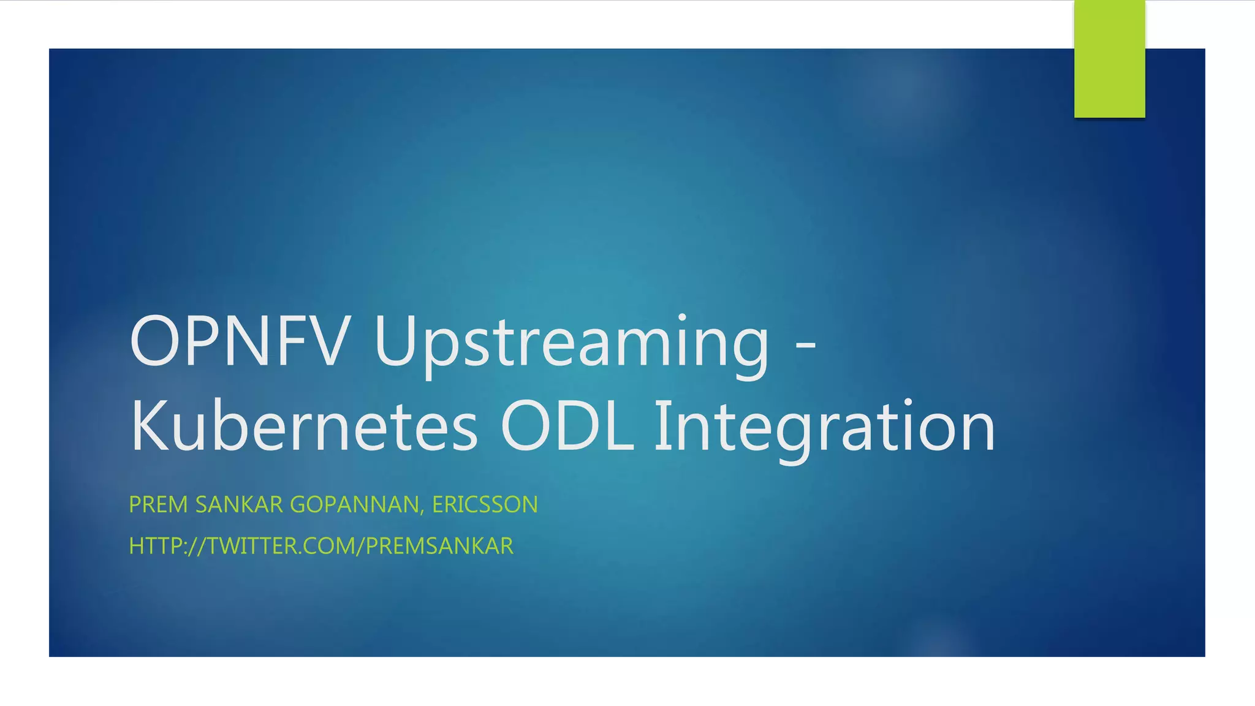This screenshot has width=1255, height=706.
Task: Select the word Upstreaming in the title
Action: [x=571, y=343]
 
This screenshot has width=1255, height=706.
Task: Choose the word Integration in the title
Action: [x=825, y=427]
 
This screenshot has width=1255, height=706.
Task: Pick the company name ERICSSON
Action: [x=485, y=504]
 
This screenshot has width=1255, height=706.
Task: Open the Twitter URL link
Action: [x=321, y=545]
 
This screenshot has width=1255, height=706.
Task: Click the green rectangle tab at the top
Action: [x=1109, y=59]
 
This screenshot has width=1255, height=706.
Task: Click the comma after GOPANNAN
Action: [x=422, y=511]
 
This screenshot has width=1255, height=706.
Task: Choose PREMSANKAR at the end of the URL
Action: [x=439, y=545]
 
